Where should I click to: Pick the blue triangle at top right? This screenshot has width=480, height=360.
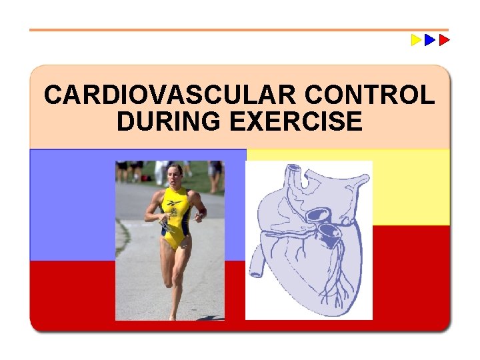[430, 40]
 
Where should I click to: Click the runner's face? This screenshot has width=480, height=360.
[175, 175]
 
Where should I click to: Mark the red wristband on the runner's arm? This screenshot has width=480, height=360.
[202, 212]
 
